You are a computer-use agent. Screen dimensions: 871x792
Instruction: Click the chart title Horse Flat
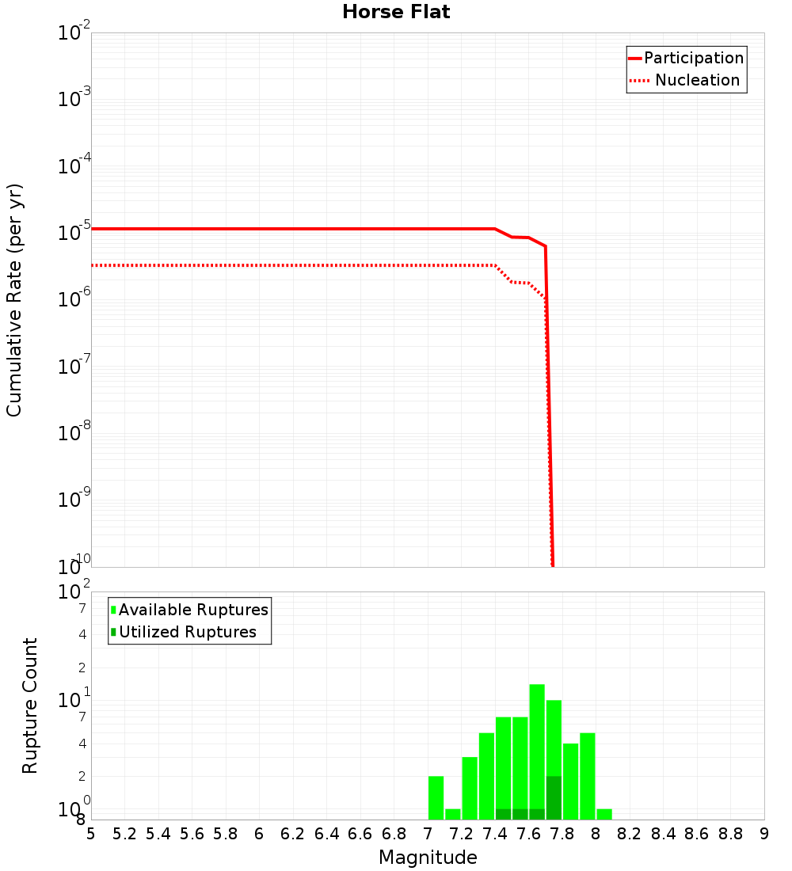396,12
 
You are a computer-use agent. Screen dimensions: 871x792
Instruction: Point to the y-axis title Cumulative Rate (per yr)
14,299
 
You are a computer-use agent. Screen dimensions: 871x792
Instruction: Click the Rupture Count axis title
30,706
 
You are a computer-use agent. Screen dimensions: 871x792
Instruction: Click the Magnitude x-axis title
428,858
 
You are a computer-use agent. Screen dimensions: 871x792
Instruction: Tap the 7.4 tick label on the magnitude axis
495,834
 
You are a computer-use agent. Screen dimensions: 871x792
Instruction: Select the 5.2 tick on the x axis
124,834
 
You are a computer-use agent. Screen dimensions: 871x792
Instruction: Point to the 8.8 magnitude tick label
731,834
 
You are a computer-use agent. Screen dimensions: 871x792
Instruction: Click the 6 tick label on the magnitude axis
259,834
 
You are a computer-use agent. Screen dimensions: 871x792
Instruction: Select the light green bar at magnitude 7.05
436,797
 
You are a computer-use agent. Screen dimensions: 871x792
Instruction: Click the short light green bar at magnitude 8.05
604,814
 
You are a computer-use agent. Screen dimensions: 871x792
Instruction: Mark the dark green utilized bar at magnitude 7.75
554,797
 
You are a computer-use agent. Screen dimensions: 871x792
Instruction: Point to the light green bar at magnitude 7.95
588,776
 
